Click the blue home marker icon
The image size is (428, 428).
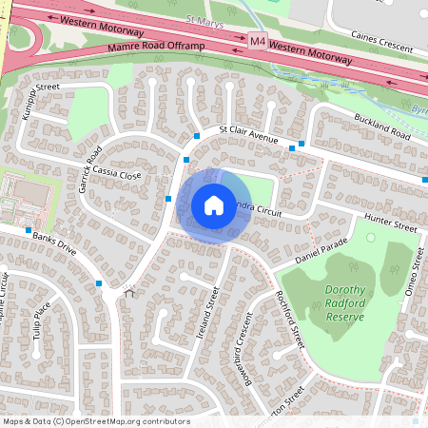[214, 205]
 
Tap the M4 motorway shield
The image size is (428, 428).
[258, 42]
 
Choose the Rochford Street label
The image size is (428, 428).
[288, 317]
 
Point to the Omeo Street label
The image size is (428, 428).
[412, 284]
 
